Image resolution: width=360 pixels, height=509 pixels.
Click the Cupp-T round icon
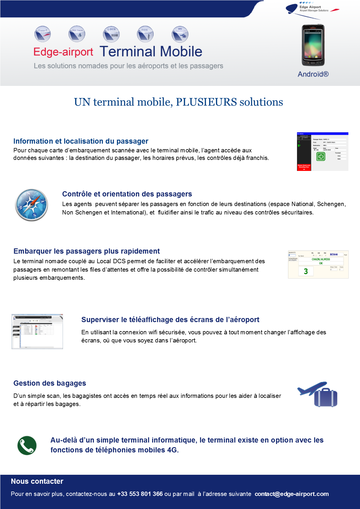[x=42, y=34]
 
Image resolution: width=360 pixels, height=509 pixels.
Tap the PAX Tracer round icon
[x=77, y=34]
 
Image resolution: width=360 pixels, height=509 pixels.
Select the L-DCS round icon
[x=111, y=34]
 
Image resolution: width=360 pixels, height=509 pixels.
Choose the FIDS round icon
[x=145, y=34]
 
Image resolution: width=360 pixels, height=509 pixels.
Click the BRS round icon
[x=180, y=34]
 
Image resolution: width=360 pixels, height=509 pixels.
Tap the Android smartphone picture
[x=313, y=45]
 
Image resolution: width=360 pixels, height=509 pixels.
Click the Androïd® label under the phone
[x=313, y=74]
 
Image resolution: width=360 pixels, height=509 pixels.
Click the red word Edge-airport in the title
[x=63, y=52]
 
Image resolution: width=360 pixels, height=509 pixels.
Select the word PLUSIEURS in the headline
[x=206, y=102]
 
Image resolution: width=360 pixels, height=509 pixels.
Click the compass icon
[x=31, y=205]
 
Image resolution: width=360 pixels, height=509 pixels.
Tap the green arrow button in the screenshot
[x=321, y=157]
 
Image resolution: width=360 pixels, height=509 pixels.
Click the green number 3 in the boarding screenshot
[x=306, y=271]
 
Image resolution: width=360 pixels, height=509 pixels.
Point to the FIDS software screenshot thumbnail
[x=37, y=331]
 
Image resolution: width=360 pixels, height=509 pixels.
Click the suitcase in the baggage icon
[x=326, y=398]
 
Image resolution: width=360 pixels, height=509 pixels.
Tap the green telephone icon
[x=27, y=445]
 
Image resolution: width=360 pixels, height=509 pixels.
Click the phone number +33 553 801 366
[x=140, y=494]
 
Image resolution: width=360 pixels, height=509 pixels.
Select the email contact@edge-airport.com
[x=291, y=494]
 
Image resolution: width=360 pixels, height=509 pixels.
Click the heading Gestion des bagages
[x=50, y=383]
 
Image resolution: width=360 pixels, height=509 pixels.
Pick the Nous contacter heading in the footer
[x=37, y=481]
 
